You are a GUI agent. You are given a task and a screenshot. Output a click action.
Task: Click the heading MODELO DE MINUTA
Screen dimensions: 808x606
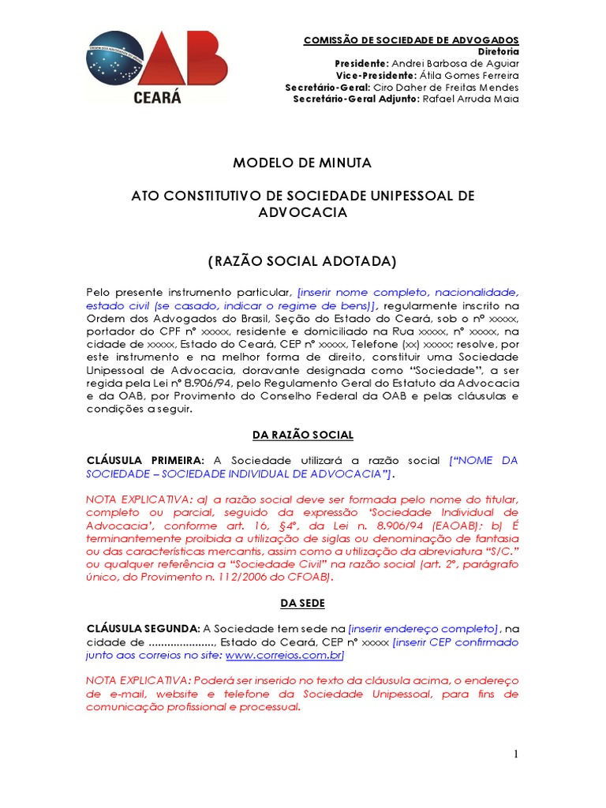coord(302,163)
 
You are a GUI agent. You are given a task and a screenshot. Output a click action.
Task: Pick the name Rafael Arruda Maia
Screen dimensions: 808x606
coord(471,99)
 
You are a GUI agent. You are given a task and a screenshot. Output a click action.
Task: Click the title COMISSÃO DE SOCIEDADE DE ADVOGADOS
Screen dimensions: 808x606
coord(412,39)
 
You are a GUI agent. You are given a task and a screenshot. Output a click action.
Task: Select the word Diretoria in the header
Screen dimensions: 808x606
coord(499,51)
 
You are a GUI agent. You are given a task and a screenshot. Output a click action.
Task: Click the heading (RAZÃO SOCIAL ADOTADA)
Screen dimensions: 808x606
coord(302,261)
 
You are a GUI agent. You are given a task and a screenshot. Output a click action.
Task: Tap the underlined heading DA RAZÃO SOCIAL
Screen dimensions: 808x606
coord(302,435)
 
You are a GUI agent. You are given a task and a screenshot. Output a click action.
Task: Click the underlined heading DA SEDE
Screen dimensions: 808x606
coord(302,603)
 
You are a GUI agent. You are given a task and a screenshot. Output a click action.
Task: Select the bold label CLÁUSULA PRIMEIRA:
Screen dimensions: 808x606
coord(145,460)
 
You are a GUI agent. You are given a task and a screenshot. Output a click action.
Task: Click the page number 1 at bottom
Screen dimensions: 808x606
coord(516,754)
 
